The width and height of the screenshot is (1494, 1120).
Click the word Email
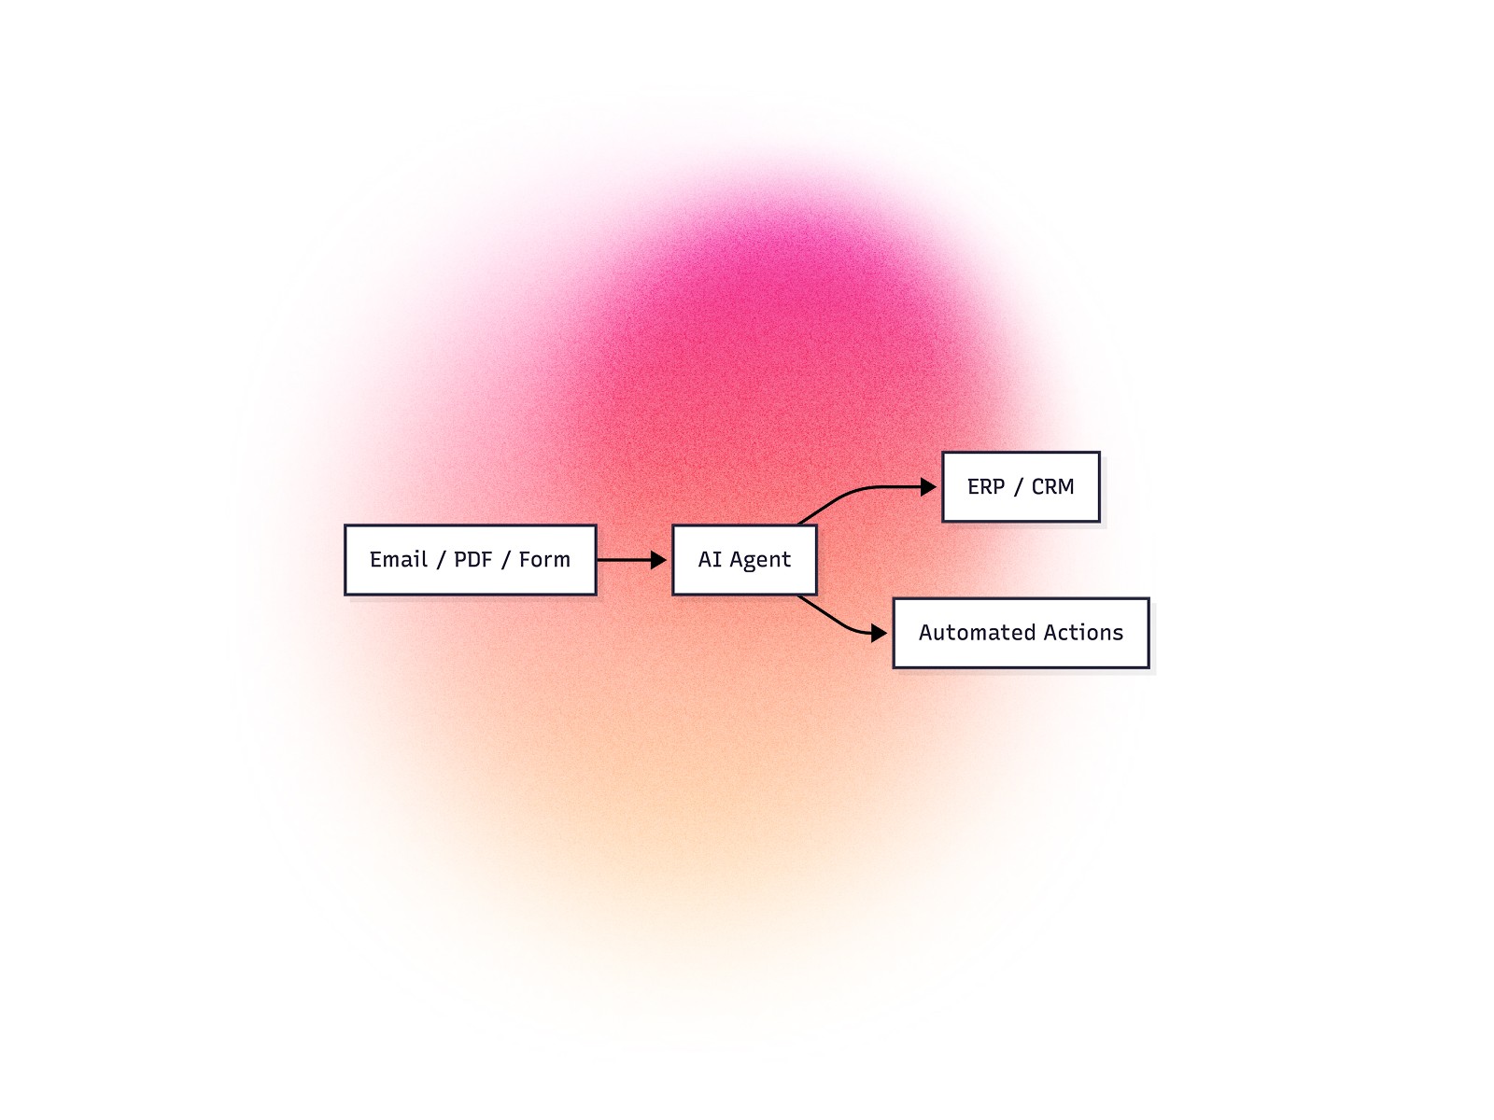coord(398,560)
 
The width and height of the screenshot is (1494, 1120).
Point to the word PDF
coord(472,560)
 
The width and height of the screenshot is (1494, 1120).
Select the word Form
coord(544,560)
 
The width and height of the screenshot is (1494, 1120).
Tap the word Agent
coord(759,560)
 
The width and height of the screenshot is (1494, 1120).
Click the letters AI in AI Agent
coord(710,560)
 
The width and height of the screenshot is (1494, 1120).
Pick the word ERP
coord(986,487)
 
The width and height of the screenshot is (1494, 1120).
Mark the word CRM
coord(1052,487)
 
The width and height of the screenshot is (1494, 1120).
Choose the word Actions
coord(1083,633)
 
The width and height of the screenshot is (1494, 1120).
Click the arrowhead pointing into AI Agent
coord(659,560)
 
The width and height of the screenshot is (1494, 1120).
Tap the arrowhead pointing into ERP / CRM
coord(928,487)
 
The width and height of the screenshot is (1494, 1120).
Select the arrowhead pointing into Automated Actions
coord(879,633)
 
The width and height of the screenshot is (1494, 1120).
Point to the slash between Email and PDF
coord(441,560)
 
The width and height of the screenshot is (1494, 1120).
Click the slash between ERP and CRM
coord(1018,487)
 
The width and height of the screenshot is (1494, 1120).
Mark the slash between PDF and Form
coord(505,560)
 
